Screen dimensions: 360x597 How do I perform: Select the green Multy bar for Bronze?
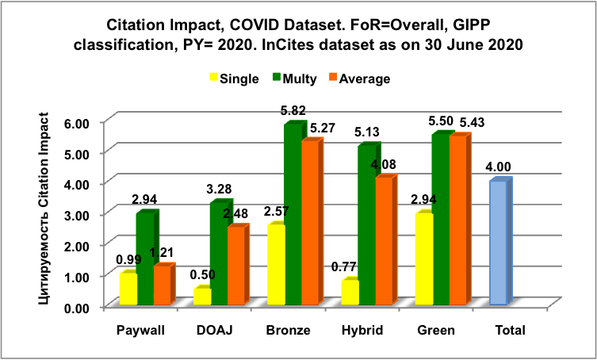[x=293, y=215]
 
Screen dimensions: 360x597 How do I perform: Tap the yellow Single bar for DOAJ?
[x=202, y=297]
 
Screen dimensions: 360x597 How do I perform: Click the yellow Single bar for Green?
[x=423, y=259]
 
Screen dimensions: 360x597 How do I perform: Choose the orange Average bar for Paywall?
[x=162, y=285]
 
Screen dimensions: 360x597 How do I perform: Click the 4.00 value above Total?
[x=499, y=167]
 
